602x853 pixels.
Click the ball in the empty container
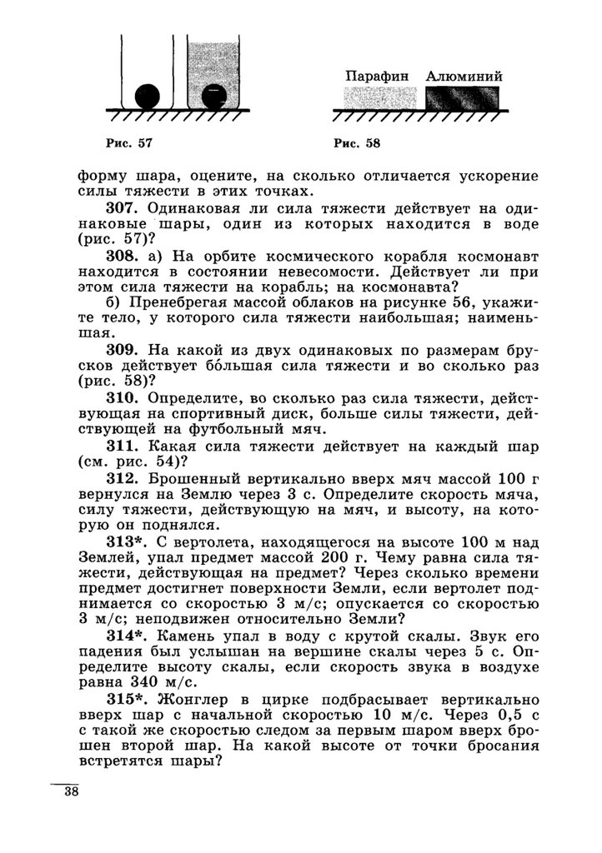click(x=147, y=97)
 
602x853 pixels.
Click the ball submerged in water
click(x=214, y=97)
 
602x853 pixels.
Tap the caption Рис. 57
click(x=129, y=143)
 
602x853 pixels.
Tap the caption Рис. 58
click(x=356, y=143)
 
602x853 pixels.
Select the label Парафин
click(x=378, y=76)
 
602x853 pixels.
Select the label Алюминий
click(x=464, y=76)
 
